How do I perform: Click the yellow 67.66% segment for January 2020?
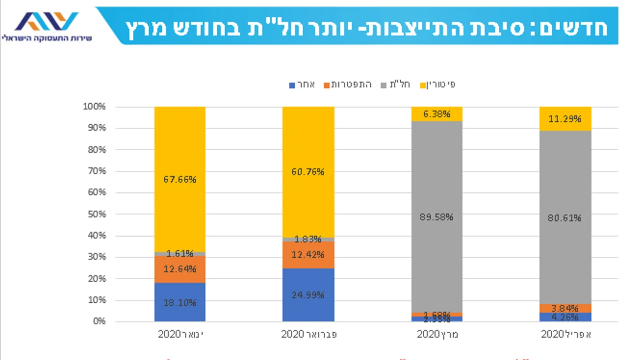click(x=180, y=179)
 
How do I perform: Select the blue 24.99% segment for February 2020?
click(x=308, y=295)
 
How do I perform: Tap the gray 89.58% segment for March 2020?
click(x=436, y=217)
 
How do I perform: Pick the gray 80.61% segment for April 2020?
click(x=565, y=217)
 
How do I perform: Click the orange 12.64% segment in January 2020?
click(x=180, y=269)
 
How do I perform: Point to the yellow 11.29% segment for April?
click(x=565, y=118)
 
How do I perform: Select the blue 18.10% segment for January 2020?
click(x=180, y=302)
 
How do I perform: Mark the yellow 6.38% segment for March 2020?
click(x=436, y=114)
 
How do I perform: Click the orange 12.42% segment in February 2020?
click(x=308, y=254)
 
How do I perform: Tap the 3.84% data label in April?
click(x=565, y=308)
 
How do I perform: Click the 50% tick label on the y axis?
click(x=97, y=214)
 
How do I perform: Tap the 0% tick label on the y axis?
click(x=99, y=322)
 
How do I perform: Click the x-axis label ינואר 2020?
click(x=180, y=335)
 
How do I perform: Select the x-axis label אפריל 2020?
click(x=565, y=335)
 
